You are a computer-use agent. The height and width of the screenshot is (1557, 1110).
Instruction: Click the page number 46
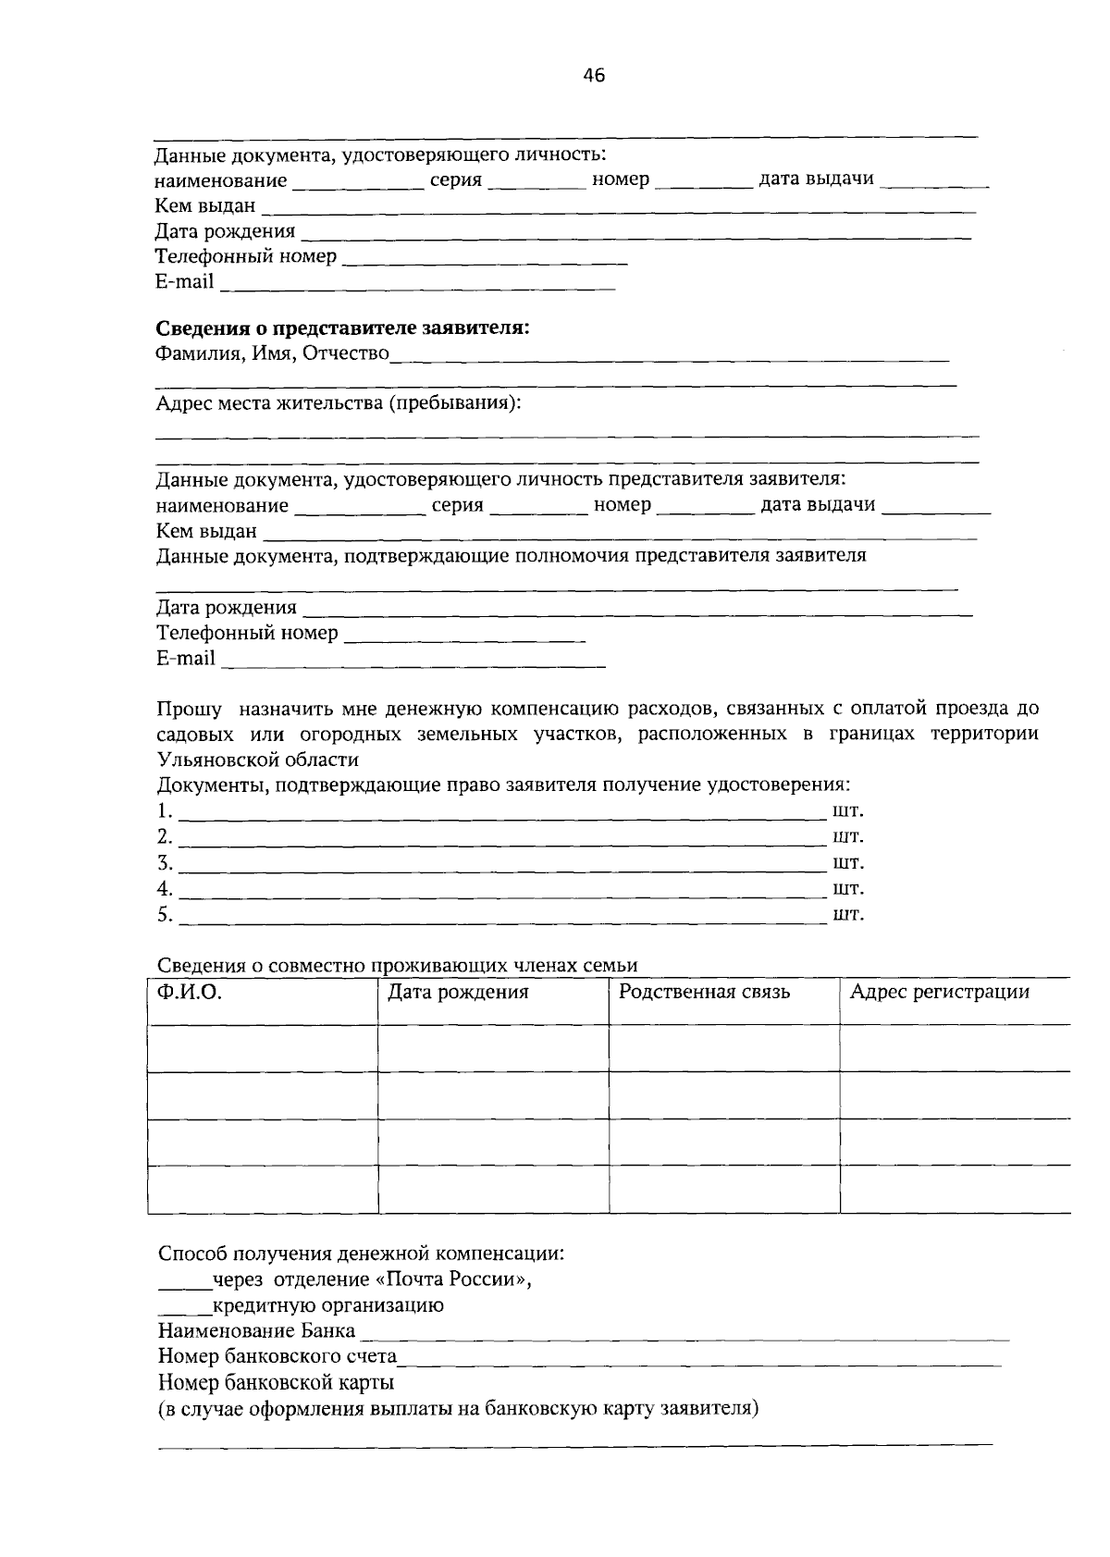[593, 77]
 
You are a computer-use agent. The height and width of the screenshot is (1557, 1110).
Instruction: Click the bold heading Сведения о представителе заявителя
[342, 328]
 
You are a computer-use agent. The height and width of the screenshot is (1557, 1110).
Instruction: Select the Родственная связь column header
[704, 993]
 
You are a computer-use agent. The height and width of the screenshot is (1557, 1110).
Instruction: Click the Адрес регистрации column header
[939, 993]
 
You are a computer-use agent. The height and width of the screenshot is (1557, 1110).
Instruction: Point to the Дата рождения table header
[458, 993]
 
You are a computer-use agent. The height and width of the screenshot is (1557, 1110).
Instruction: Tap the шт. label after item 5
[848, 915]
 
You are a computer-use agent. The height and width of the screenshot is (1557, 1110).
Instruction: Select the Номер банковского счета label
[277, 1357]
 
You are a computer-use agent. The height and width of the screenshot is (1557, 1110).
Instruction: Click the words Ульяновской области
[257, 760]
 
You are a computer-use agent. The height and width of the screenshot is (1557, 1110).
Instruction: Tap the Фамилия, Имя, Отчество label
[272, 354]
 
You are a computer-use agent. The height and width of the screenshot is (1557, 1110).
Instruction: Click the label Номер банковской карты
[276, 1383]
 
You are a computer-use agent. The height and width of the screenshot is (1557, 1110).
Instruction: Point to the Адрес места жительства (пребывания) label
[339, 404]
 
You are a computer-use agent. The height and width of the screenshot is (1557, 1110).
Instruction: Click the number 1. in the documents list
[164, 811]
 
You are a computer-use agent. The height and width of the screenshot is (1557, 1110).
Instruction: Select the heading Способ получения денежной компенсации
[361, 1254]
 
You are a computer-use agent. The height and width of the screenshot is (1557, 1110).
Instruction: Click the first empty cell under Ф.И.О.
[263, 1048]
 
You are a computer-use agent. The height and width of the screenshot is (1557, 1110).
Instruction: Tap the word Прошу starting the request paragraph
[189, 710]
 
